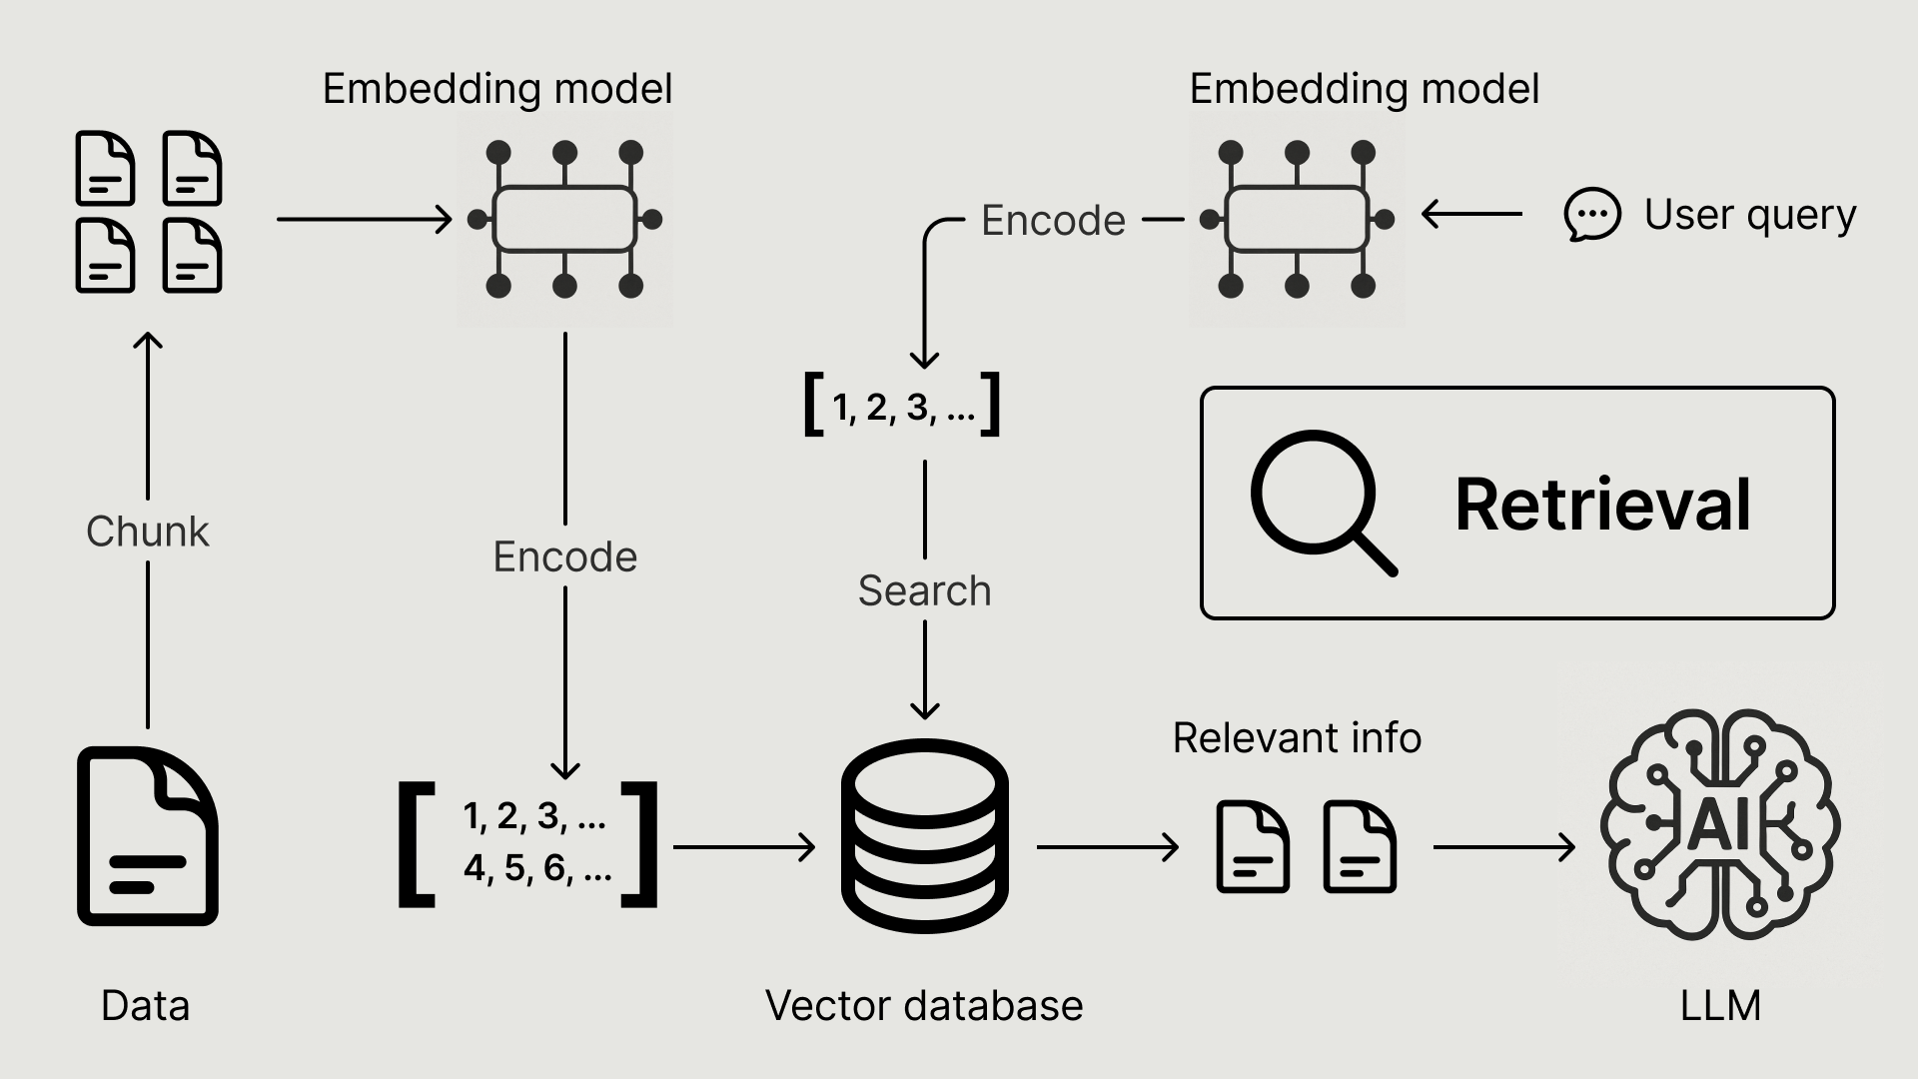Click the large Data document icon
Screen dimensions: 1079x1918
148,836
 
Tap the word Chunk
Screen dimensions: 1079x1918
148,532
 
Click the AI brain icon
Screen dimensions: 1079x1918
1720,824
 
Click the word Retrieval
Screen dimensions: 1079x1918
1602,504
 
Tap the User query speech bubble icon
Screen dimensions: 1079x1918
1591,214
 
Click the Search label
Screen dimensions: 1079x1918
924,590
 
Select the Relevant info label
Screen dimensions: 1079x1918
1297,738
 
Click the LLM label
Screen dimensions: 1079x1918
1720,1005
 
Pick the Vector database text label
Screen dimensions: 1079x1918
924,1005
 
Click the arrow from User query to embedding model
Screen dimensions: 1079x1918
1471,214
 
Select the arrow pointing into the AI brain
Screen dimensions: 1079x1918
1503,847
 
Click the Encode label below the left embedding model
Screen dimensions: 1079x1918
565,556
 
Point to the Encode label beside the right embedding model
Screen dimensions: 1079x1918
1053,220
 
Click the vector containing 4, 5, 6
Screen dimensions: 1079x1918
528,843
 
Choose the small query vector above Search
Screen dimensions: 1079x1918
902,406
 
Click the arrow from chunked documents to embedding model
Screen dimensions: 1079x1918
364,219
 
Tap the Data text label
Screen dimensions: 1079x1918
145,1005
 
